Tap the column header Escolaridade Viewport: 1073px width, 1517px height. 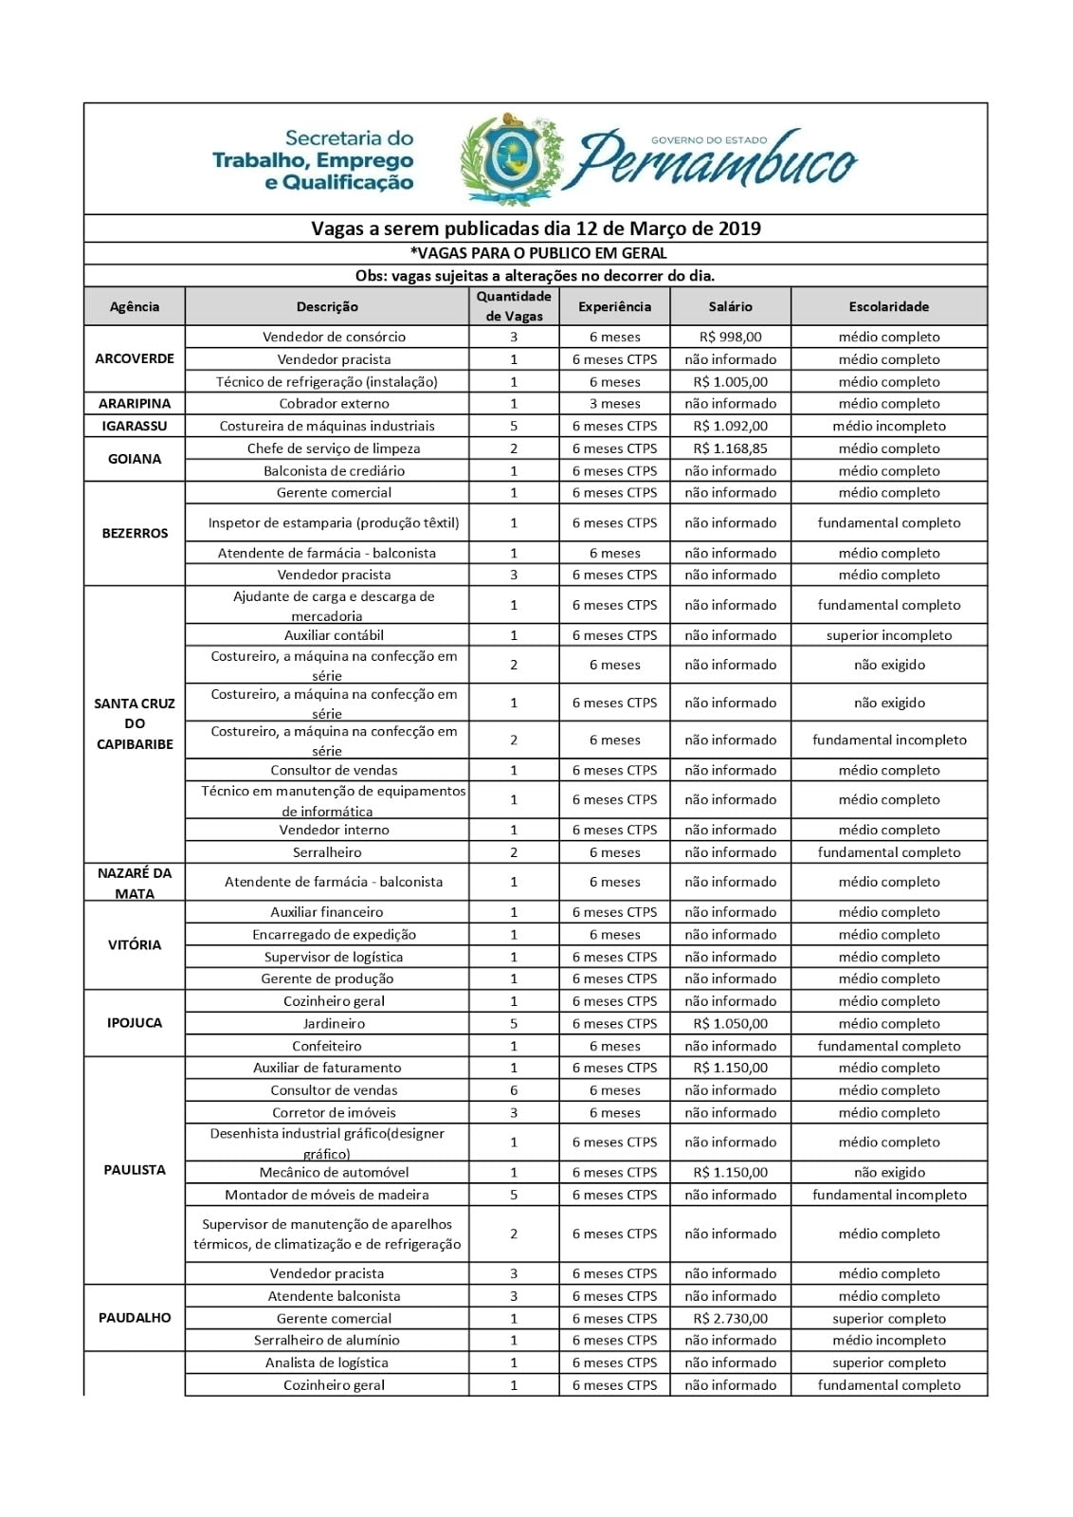(888, 306)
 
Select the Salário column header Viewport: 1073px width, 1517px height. (730, 306)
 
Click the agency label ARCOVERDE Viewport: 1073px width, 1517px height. (135, 358)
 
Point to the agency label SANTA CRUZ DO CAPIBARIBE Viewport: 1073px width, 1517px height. (135, 723)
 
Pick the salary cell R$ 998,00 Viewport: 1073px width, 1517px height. (730, 337)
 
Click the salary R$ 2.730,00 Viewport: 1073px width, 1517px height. (730, 1318)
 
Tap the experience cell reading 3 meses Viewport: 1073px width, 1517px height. (614, 403)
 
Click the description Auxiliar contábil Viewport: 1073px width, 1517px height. (334, 635)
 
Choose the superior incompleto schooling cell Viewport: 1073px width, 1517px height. (888, 635)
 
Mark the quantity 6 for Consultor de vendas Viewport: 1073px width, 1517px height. (514, 1090)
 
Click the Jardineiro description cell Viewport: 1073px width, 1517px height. (334, 1023)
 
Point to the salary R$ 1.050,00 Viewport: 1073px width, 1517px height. (730, 1023)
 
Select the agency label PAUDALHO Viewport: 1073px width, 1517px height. (135, 1317)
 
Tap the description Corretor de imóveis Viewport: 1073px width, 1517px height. (334, 1112)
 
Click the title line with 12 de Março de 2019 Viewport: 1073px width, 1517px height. (536, 228)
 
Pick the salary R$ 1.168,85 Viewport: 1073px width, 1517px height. (730, 448)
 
